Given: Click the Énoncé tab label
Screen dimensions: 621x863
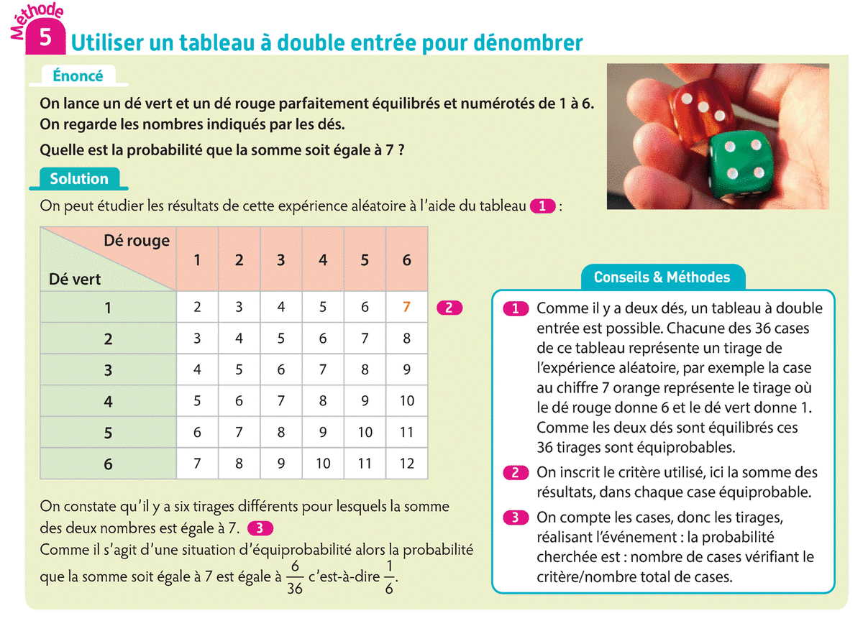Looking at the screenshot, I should point(78,75).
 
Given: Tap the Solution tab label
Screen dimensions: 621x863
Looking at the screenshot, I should point(79,179).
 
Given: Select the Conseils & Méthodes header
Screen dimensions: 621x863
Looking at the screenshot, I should point(662,277).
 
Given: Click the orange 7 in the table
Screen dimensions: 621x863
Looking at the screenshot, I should point(407,307).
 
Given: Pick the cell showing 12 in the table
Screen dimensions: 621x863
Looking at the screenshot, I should point(407,464).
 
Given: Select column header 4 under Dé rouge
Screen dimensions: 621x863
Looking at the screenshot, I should point(323,260).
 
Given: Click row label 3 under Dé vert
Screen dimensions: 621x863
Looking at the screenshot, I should point(108,370).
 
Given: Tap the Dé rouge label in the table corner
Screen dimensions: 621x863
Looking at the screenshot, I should point(137,241).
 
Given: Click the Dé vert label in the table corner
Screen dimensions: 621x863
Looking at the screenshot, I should point(75,278).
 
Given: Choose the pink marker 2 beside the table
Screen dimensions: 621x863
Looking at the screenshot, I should point(449,308).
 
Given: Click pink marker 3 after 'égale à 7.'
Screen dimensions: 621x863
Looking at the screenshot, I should point(260,528).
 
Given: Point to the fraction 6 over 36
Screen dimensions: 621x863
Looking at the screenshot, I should point(294,577).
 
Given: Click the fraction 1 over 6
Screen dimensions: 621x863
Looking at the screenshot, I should point(389,577).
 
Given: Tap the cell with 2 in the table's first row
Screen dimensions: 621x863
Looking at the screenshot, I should point(198,307).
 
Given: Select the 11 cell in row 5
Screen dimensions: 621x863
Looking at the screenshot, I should point(407,432).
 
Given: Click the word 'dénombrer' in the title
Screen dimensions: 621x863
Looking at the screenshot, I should point(532,42).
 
